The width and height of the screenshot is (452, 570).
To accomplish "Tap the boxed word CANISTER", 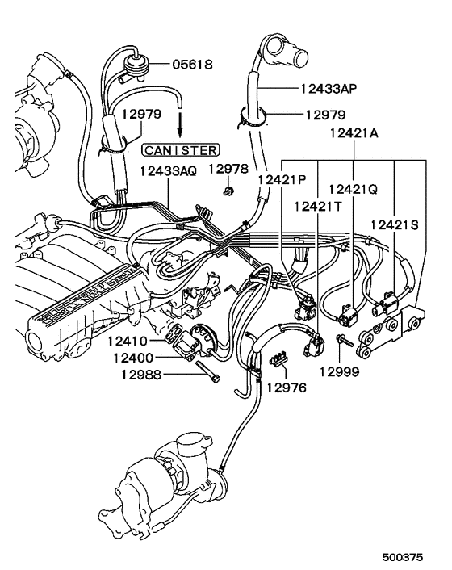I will coord(179,149).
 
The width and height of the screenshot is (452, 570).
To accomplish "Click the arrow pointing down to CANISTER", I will coord(179,125).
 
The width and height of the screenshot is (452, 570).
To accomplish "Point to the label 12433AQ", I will coord(167,172).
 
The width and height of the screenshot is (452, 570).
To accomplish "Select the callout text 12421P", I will coord(282,179).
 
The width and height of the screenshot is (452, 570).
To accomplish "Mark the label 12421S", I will coord(395,224).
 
